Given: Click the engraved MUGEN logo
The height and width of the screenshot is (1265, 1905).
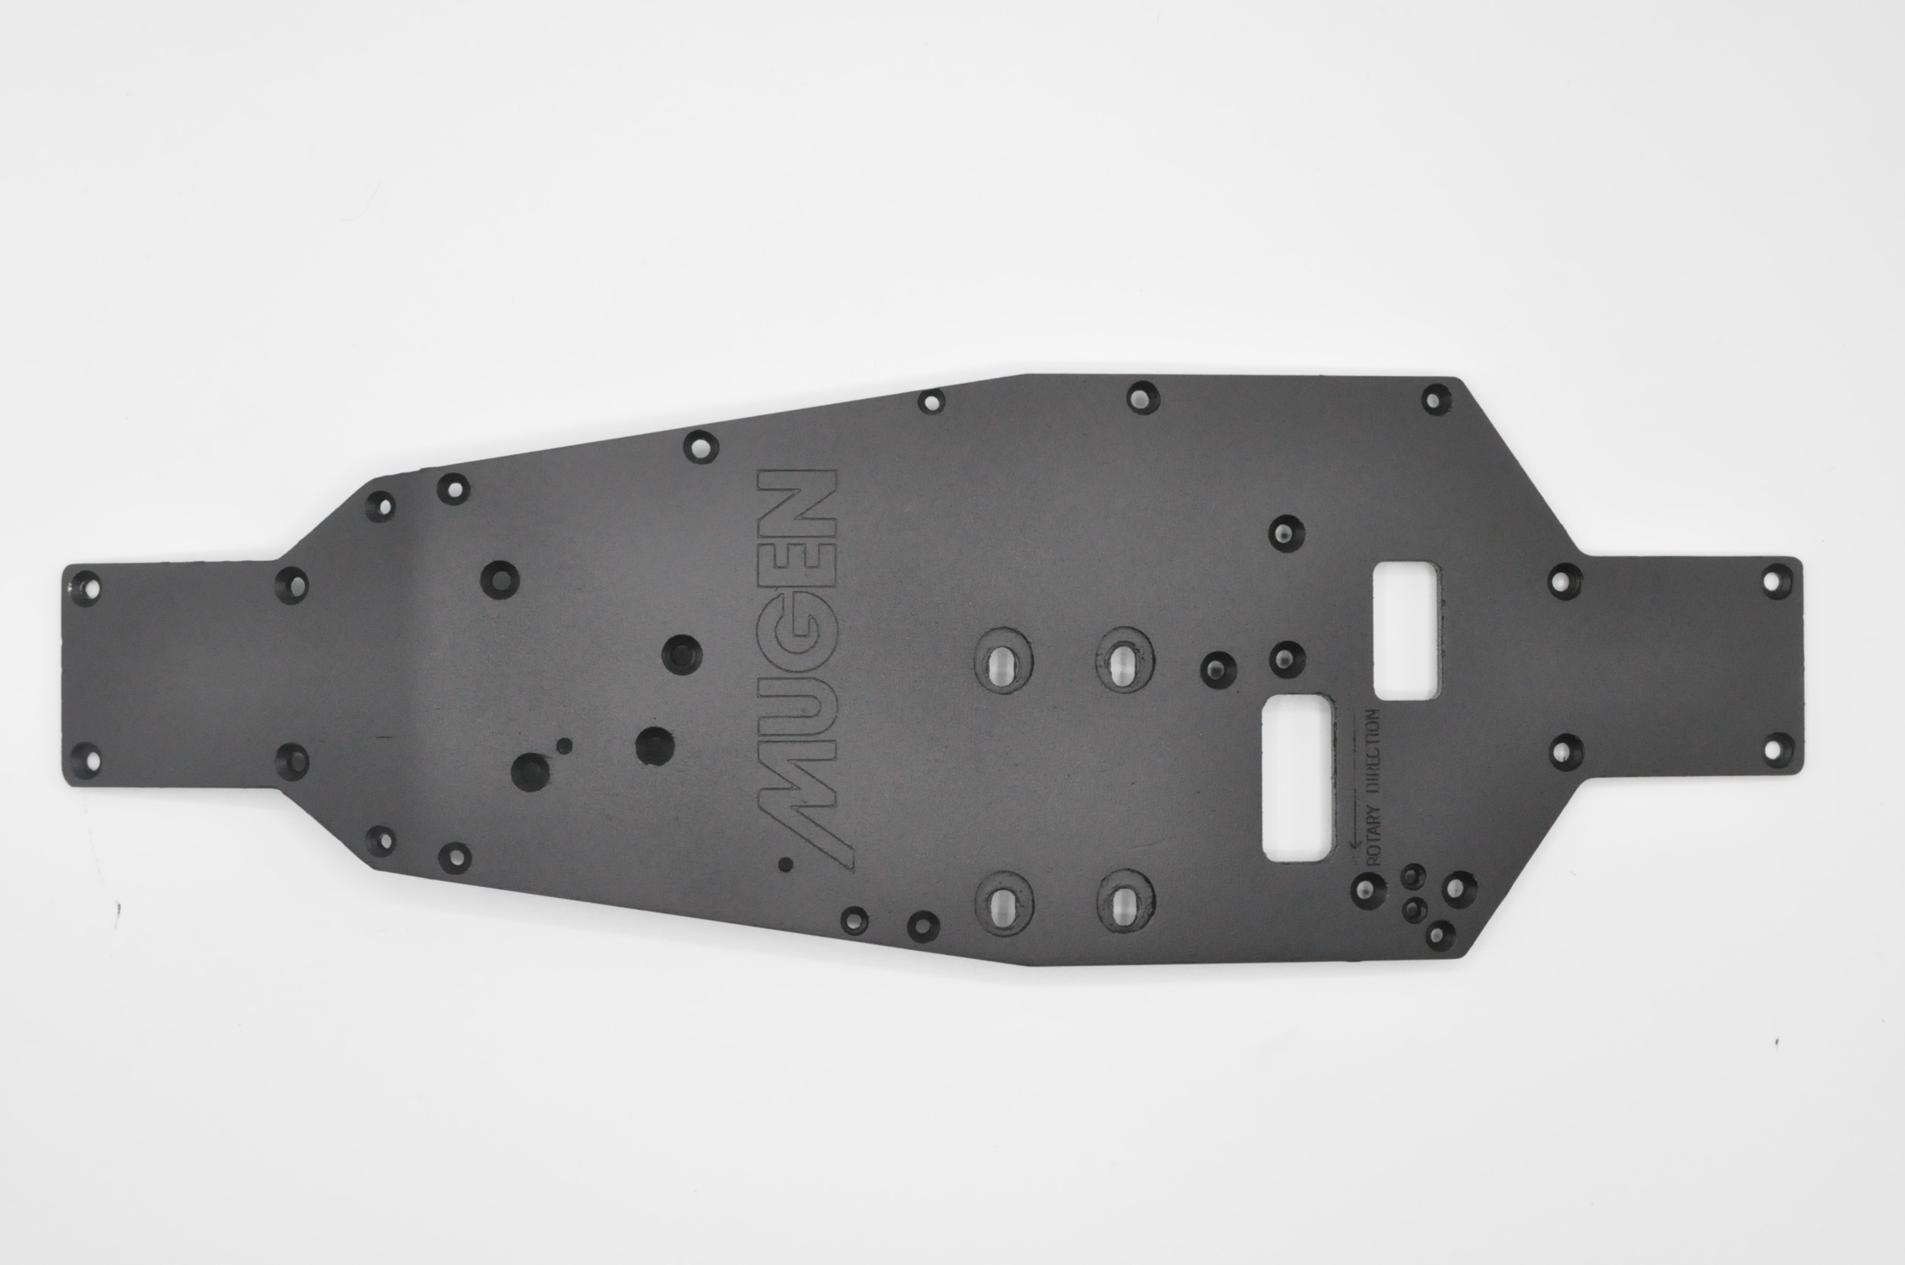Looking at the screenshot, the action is pos(797,670).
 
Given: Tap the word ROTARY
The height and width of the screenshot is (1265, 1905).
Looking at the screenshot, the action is pos(1374,836).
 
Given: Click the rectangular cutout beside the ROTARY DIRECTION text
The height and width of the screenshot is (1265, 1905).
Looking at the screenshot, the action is pos(1297,778).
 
